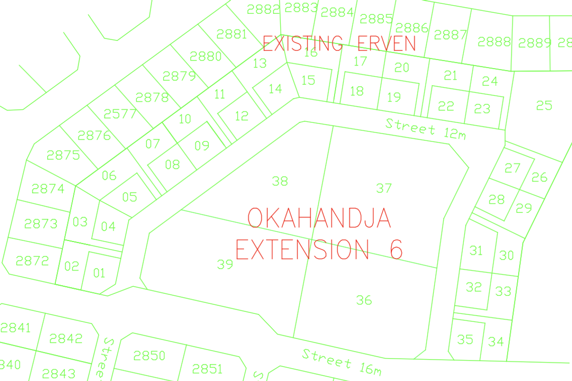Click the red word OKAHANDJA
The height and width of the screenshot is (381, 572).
(319, 218)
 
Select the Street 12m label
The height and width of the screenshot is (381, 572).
(425, 129)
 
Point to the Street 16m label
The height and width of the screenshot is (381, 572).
(342, 361)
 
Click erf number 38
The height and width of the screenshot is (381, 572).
(280, 181)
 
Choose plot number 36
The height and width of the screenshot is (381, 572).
(364, 300)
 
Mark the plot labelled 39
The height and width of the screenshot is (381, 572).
(225, 264)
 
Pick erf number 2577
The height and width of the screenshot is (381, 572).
(120, 114)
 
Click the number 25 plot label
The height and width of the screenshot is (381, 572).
(544, 105)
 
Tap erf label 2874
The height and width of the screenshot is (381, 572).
(48, 189)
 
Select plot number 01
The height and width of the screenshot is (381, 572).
(99, 273)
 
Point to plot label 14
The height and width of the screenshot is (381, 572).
(276, 88)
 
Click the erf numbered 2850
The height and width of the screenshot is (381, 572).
(149, 355)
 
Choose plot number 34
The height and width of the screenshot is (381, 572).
(496, 341)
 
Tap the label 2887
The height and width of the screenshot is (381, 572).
(450, 35)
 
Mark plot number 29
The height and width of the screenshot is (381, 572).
(524, 208)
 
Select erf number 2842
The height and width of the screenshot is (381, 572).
(66, 339)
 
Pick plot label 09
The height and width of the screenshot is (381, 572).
(202, 145)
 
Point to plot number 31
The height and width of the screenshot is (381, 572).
(476, 251)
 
